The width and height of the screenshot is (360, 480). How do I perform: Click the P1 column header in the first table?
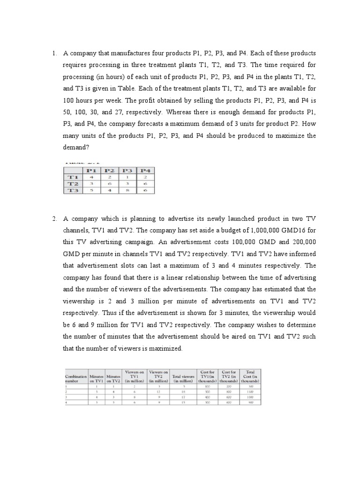click(92, 170)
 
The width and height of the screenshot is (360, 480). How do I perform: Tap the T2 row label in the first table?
click(73, 184)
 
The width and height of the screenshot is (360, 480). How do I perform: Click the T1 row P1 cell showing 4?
click(92, 177)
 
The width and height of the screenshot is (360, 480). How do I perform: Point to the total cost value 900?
click(250, 402)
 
